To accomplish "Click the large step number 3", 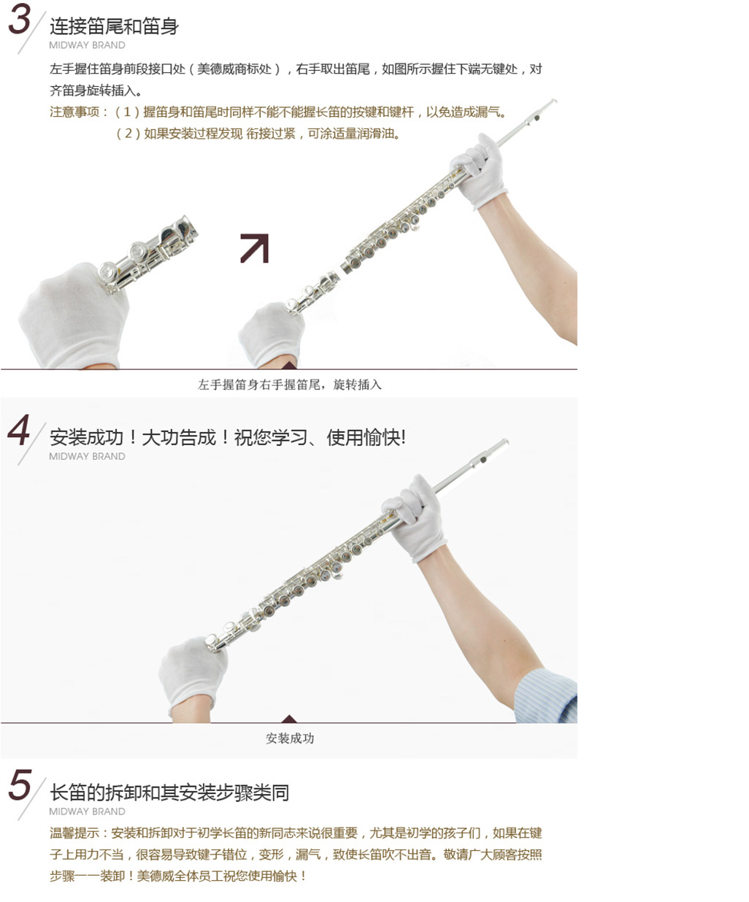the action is pos(20,19).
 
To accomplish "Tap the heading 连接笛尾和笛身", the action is pos(114,26).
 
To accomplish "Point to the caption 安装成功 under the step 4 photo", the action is pos(290,739).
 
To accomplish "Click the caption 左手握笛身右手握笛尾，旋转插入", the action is pos(290,385).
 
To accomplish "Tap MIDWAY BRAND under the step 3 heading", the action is pos(87,45).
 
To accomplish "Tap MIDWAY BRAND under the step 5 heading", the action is pos(87,812).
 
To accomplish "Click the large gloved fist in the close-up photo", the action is pos(74,315).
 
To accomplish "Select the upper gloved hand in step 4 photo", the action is pos(415,517).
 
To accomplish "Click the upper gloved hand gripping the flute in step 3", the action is pos(479,171).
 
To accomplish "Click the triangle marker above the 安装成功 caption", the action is pos(289,719).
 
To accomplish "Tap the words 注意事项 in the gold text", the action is pos(74,112).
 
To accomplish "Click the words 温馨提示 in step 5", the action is pos(74,833).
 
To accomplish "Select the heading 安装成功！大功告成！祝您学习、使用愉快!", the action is pos(228,438).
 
